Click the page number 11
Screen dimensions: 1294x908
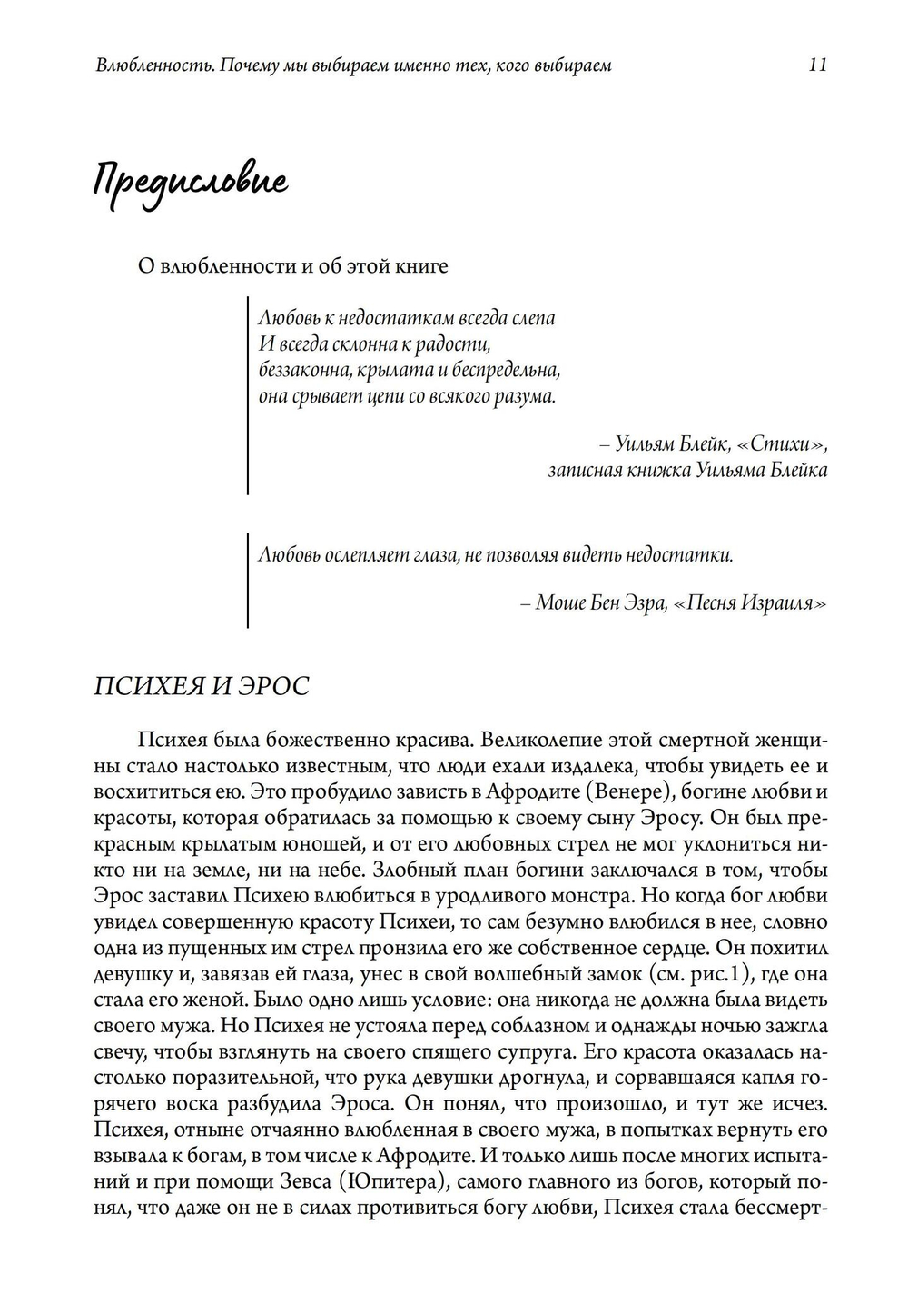pyautogui.click(x=816, y=65)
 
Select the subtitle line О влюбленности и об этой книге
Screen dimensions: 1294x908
pyautogui.click(x=291, y=266)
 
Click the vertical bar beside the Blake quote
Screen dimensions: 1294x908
pyautogui.click(x=248, y=395)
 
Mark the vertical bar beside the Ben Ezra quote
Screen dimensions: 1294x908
pyautogui.click(x=248, y=579)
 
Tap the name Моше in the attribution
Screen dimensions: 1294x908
pyautogui.click(x=561, y=602)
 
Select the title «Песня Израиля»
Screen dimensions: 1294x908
pyautogui.click(x=750, y=602)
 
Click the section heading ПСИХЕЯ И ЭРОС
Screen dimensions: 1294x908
pyautogui.click(x=202, y=685)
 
